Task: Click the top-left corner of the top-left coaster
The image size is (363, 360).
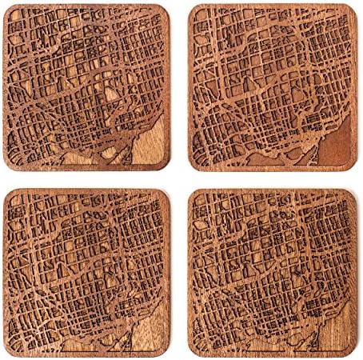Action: point(10,9)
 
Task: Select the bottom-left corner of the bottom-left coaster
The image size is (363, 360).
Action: point(9,351)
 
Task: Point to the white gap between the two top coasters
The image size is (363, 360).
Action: point(181,88)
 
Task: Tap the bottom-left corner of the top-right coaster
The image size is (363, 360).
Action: point(193,169)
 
